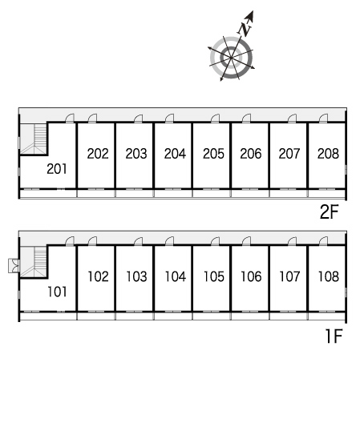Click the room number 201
coord(57,169)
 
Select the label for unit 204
coord(175,154)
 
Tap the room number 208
coord(328,154)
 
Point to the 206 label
coord(251,154)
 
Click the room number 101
coord(57,292)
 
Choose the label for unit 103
coord(136,276)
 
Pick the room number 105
coord(213,276)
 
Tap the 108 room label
coord(329,276)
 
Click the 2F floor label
coord(329,211)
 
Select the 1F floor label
coord(334,336)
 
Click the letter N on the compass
coord(245,29)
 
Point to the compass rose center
coord(231,58)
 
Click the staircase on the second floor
coord(34,139)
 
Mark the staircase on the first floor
coord(34,262)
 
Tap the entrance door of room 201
coord(70,118)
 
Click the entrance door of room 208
coord(323,118)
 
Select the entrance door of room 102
coord(92,241)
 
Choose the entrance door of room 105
coord(215,241)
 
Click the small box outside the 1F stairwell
coord(14,266)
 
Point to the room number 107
coord(289,276)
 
